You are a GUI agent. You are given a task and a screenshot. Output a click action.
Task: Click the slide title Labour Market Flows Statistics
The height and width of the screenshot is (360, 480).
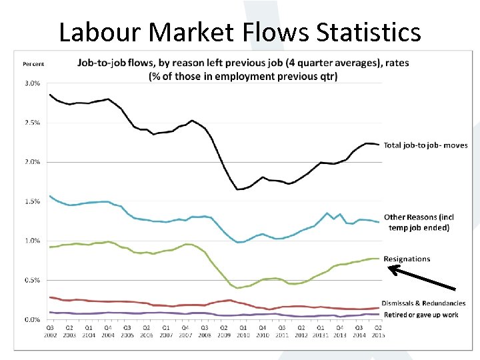(x=240, y=31)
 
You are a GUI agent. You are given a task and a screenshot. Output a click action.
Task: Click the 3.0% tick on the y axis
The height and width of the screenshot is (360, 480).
(x=31, y=83)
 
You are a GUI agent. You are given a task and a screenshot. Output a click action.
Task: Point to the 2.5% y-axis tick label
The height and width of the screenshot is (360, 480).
(x=31, y=123)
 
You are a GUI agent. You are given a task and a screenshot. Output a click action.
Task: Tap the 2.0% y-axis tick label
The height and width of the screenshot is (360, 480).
(x=31, y=162)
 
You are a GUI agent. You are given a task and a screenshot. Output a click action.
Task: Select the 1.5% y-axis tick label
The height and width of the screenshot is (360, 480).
(x=31, y=201)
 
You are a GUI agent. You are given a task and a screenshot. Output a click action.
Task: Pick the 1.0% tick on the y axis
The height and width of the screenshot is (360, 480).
(x=31, y=241)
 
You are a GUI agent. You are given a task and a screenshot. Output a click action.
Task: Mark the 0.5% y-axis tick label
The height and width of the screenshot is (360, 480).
(x=31, y=280)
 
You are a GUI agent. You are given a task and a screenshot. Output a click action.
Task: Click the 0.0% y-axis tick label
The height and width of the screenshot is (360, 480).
(x=31, y=319)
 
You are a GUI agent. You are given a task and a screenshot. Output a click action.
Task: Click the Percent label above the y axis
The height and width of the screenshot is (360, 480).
(x=33, y=64)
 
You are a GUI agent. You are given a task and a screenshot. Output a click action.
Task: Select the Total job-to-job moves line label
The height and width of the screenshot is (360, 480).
(x=425, y=145)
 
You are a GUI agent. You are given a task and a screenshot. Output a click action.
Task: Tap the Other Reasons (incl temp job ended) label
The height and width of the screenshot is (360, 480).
(x=419, y=222)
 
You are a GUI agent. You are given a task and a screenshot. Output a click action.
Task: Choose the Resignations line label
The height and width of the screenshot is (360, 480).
(x=407, y=259)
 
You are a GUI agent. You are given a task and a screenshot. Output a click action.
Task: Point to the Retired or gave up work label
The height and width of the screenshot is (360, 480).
(x=421, y=315)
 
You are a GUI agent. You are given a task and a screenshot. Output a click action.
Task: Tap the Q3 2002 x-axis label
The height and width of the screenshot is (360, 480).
(x=50, y=330)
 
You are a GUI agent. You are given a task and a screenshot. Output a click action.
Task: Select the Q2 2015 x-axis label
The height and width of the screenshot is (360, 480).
(x=378, y=330)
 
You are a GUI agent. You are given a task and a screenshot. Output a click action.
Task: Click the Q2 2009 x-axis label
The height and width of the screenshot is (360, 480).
(x=223, y=330)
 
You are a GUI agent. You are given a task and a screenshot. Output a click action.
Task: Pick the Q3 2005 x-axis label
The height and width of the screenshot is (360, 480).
(x=127, y=330)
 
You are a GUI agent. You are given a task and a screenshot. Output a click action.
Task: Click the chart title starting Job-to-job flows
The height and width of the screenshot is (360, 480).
(x=243, y=69)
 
